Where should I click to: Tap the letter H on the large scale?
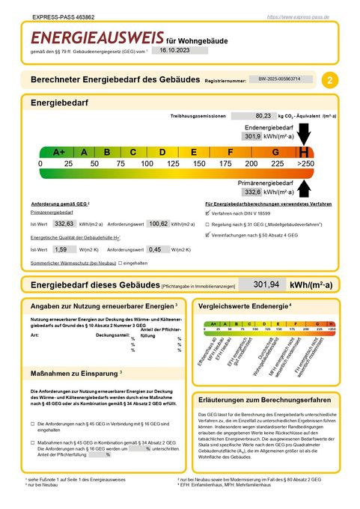(304, 152)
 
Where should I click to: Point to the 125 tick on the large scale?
(173, 163)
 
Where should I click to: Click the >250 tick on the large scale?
(305, 163)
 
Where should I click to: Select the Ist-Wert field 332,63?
(64, 223)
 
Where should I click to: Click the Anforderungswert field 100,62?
(157, 223)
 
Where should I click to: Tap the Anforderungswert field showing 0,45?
(155, 249)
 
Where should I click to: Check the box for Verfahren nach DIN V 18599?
(207, 213)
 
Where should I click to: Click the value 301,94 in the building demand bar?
(267, 284)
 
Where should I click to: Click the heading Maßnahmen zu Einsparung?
(73, 372)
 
